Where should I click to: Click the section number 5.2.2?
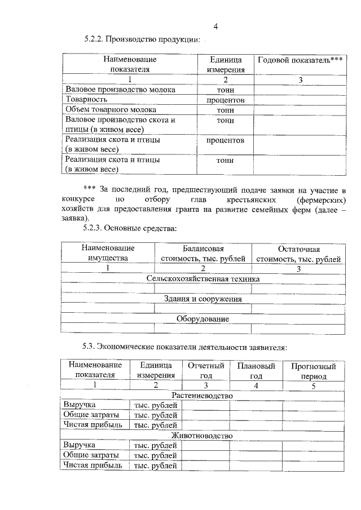point(94,39)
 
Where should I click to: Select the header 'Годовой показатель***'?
point(300,60)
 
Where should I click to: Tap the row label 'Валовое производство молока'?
point(120,90)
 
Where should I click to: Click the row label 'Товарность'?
point(86,100)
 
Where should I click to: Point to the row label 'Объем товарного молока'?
point(111,110)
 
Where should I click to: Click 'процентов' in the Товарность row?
point(225,100)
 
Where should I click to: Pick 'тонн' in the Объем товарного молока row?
point(225,110)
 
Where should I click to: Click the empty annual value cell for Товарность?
point(300,100)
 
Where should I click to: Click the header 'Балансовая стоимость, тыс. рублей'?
point(203,254)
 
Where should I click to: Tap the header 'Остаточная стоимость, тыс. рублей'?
point(298,254)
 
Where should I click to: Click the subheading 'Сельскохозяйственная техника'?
point(202,279)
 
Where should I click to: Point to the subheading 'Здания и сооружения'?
point(202,299)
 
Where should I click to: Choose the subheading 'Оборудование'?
point(202,319)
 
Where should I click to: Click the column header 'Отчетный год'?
point(206,370)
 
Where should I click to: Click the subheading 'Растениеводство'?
point(202,396)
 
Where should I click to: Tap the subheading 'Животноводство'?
point(202,436)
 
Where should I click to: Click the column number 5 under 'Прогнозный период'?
point(313,385)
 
